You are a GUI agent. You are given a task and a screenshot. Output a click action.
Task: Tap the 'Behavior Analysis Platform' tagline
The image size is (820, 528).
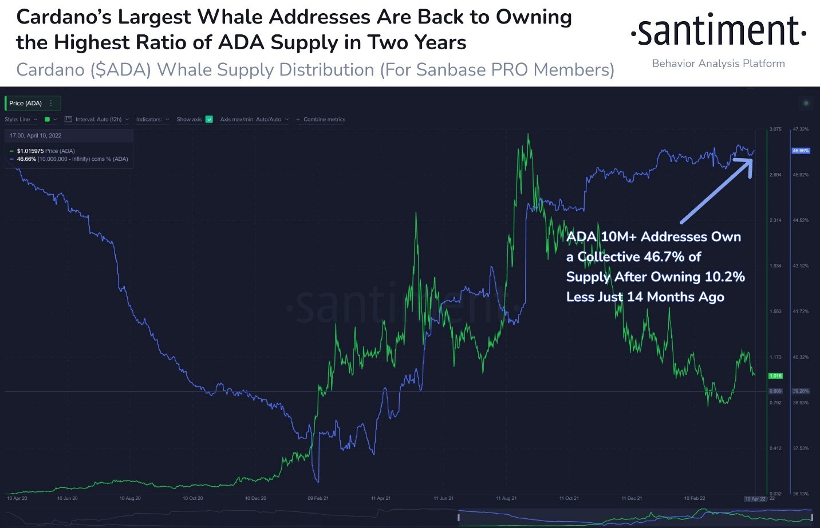[718, 64]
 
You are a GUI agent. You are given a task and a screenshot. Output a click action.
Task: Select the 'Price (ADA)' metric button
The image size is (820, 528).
[26, 103]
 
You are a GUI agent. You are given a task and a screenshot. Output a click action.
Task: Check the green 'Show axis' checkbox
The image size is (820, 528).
[209, 119]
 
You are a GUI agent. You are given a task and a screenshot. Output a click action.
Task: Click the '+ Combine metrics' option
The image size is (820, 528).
[321, 119]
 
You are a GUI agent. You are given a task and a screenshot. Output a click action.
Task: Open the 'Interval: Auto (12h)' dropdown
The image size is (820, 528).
[97, 119]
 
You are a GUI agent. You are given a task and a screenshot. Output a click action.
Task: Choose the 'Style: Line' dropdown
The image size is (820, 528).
[21, 119]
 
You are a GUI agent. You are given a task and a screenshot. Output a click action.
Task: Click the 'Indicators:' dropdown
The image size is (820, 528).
[152, 119]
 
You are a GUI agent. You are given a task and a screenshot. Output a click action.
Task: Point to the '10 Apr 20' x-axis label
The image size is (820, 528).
[17, 498]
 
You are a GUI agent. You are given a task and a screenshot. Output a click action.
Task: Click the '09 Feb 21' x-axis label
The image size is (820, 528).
[318, 498]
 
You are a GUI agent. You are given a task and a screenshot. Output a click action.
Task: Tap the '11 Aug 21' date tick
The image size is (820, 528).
[506, 498]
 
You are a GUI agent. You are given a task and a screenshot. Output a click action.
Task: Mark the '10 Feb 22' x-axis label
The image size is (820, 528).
[695, 498]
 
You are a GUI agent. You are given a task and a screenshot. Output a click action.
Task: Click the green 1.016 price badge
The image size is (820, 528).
[775, 376]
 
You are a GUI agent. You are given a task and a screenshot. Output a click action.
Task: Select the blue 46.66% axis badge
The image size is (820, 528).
[801, 151]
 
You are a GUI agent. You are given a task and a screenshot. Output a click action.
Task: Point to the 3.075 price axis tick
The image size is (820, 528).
[775, 129]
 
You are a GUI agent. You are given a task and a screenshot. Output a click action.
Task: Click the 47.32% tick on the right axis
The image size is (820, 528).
[801, 129]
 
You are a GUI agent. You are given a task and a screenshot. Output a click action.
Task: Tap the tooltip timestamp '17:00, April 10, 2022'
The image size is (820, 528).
[36, 136]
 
